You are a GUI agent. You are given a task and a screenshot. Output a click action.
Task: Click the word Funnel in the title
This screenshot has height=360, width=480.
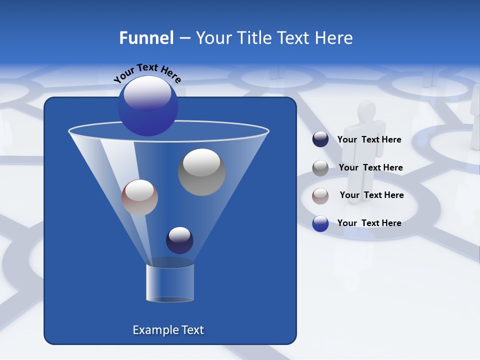[146, 38]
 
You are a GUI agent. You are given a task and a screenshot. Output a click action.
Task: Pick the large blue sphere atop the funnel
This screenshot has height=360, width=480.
[147, 106]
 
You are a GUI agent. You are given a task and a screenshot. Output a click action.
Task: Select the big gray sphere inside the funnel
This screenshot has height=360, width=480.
[201, 172]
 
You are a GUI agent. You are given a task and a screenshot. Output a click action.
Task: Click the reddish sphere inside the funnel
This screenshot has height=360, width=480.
[139, 197]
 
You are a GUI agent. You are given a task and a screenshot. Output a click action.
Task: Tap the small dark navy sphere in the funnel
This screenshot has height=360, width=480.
[179, 240]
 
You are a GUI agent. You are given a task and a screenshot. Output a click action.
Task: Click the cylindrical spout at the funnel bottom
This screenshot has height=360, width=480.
[169, 282]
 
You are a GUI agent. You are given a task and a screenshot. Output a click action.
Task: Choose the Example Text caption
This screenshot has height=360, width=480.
[168, 330]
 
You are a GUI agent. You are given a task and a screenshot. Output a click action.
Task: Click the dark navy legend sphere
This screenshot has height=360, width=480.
[320, 139]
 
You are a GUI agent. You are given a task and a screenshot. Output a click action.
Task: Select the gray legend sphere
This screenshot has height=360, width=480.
[320, 168]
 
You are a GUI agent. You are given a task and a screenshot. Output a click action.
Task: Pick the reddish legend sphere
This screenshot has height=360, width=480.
[320, 196]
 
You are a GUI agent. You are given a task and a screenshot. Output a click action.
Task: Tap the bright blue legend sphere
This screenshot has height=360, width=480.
[320, 223]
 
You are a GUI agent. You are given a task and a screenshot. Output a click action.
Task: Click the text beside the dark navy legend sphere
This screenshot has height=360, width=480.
[369, 140]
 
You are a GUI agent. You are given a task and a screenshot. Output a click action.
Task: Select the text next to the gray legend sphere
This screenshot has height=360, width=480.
[370, 168]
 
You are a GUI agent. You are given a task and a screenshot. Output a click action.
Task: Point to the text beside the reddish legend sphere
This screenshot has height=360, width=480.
[371, 195]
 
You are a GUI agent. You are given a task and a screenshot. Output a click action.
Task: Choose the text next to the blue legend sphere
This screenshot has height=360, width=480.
[369, 223]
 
